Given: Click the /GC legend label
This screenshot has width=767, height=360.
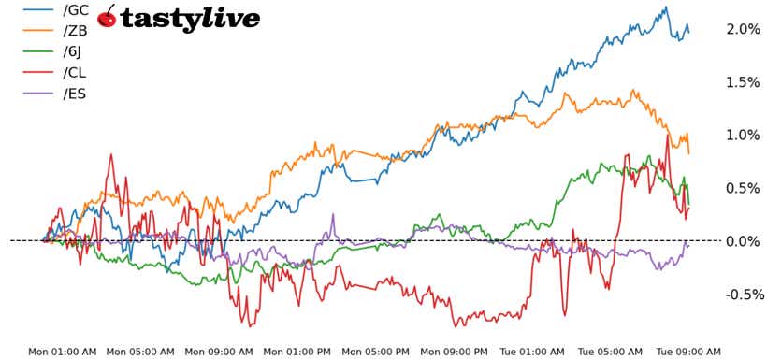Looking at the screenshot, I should (x=76, y=10).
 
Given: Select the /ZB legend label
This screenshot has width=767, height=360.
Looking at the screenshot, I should (x=76, y=31).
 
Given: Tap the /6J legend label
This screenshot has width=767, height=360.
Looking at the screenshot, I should (x=74, y=51).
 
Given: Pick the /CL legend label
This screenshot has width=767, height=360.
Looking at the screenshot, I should (x=76, y=72).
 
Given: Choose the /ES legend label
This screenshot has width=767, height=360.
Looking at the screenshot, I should (x=75, y=93).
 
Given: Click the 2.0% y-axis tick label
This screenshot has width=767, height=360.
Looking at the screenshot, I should (x=743, y=29).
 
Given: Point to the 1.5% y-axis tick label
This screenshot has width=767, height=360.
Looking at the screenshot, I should (x=743, y=82).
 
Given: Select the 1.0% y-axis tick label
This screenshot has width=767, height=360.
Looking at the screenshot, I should (x=743, y=136).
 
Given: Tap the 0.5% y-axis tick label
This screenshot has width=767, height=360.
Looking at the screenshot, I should (x=743, y=188).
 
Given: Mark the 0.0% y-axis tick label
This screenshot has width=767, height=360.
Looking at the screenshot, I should (x=743, y=241).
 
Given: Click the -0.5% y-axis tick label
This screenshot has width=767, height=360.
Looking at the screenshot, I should (x=740, y=295).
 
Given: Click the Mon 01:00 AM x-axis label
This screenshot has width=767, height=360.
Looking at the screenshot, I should (x=62, y=352).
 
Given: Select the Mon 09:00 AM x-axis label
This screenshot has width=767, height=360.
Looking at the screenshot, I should (x=219, y=352).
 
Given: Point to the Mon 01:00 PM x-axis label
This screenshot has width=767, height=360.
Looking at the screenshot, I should (x=297, y=352).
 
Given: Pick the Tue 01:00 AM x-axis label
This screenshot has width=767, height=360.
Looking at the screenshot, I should (x=531, y=352).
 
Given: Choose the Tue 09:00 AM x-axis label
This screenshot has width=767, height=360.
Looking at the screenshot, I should (x=687, y=352).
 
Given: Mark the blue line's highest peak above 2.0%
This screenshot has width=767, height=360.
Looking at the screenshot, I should (x=666, y=7).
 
